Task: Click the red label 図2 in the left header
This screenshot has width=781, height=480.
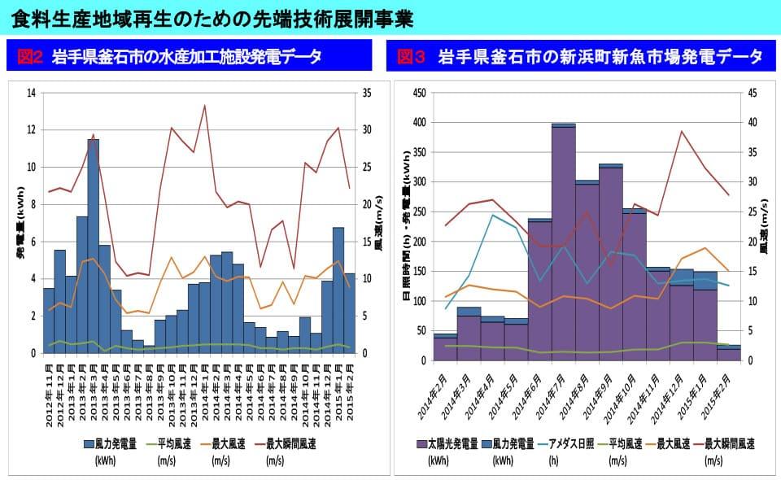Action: click(x=30, y=57)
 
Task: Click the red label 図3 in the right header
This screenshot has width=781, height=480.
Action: click(x=411, y=57)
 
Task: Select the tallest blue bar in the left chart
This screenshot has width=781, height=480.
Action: click(x=93, y=244)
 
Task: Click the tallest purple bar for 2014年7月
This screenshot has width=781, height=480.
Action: click(x=563, y=244)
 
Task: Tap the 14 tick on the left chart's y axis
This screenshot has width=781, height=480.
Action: click(x=32, y=93)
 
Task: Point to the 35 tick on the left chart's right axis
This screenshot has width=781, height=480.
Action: click(x=366, y=93)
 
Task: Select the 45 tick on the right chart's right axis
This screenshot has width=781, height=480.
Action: click(x=752, y=93)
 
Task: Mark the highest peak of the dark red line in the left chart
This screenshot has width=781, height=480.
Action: click(x=204, y=105)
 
